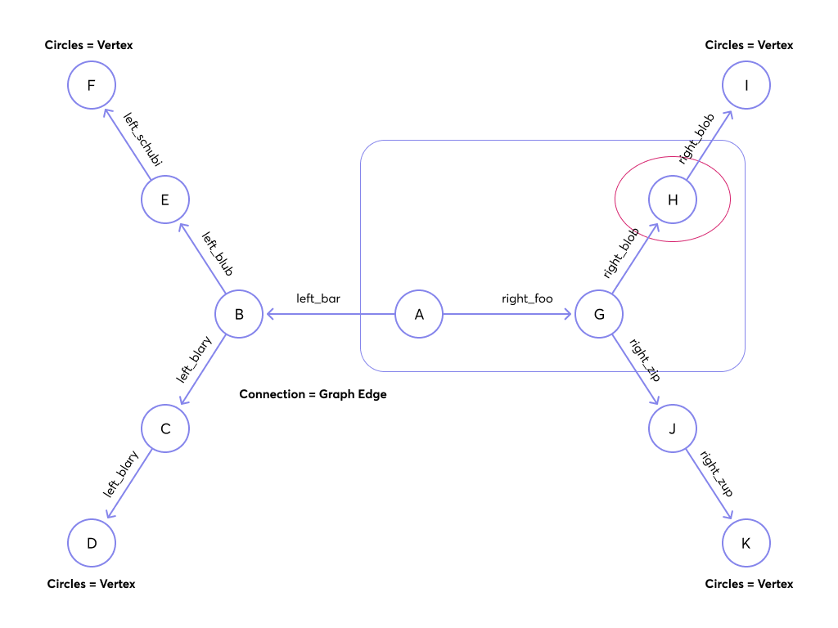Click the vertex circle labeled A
click(x=419, y=315)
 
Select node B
click(x=239, y=315)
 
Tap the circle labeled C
click(x=165, y=428)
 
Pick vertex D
click(x=92, y=543)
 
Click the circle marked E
click(x=165, y=200)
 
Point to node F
click(x=92, y=86)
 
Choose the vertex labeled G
click(x=599, y=315)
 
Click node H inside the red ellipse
click(x=673, y=200)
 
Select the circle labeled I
click(x=746, y=86)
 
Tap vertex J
click(x=673, y=428)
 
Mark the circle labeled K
click(x=746, y=543)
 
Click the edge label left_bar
click(x=318, y=299)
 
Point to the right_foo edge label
click(x=527, y=299)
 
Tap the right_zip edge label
click(x=644, y=361)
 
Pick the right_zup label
click(x=716, y=474)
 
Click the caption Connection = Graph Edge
click(x=313, y=394)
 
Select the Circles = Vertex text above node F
click(x=88, y=45)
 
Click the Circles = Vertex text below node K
click(x=749, y=584)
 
